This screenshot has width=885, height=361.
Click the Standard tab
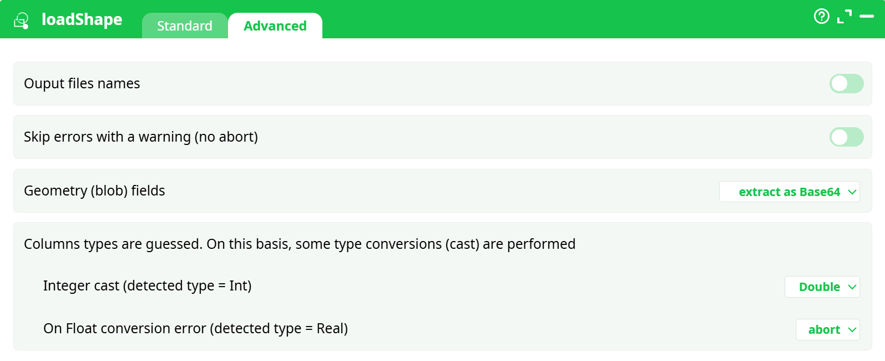(184, 26)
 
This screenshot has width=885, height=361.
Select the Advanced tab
(275, 26)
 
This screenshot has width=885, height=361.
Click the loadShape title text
(82, 19)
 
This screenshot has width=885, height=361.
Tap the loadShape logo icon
(22, 21)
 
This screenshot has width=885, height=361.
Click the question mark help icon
(821, 16)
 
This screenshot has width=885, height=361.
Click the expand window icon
(844, 17)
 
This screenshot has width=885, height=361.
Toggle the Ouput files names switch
(846, 84)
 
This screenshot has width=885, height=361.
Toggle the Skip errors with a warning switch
(846, 137)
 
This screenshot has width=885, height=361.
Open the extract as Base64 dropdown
(789, 192)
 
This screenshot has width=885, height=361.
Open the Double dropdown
(822, 287)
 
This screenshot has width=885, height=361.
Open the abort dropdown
(827, 330)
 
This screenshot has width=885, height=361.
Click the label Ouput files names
(82, 84)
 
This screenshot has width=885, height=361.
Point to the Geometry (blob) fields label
(94, 191)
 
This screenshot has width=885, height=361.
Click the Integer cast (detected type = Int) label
(147, 286)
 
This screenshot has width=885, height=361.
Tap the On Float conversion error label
(195, 329)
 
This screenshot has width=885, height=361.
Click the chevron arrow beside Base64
(852, 192)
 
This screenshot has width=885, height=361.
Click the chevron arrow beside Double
(852, 287)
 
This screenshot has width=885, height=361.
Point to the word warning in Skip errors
(164, 137)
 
